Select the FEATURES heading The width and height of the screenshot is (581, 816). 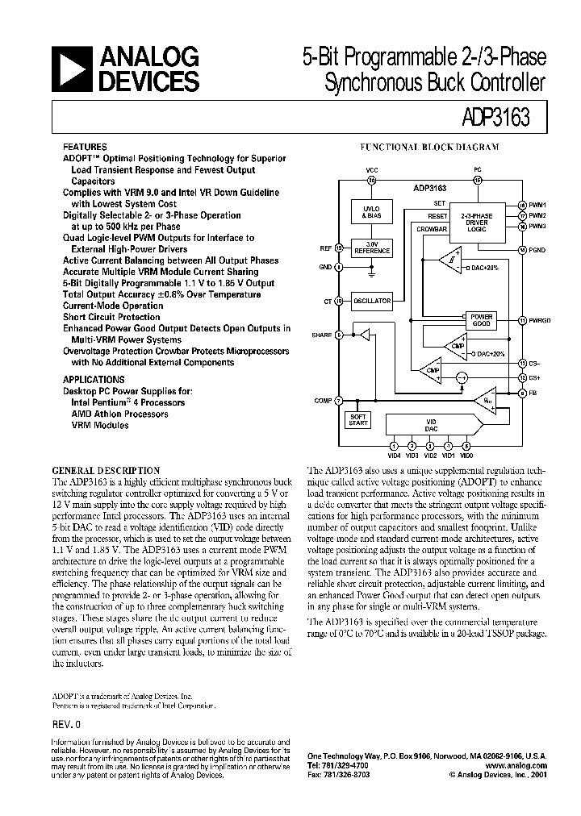[85, 148]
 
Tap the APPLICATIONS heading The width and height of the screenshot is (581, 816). [94, 379]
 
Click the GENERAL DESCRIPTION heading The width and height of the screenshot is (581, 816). [106, 470]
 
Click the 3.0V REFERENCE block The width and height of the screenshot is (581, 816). [372, 248]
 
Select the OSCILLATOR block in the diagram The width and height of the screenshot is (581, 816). [372, 301]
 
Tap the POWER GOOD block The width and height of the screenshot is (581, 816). [482, 320]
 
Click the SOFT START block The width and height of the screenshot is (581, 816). [356, 420]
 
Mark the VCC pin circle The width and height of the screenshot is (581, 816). [372, 181]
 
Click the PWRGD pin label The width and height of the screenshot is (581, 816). [540, 320]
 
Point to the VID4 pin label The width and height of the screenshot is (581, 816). [393, 456]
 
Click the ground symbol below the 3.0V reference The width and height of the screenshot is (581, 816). [372, 274]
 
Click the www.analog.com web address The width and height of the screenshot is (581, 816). [517, 765]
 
